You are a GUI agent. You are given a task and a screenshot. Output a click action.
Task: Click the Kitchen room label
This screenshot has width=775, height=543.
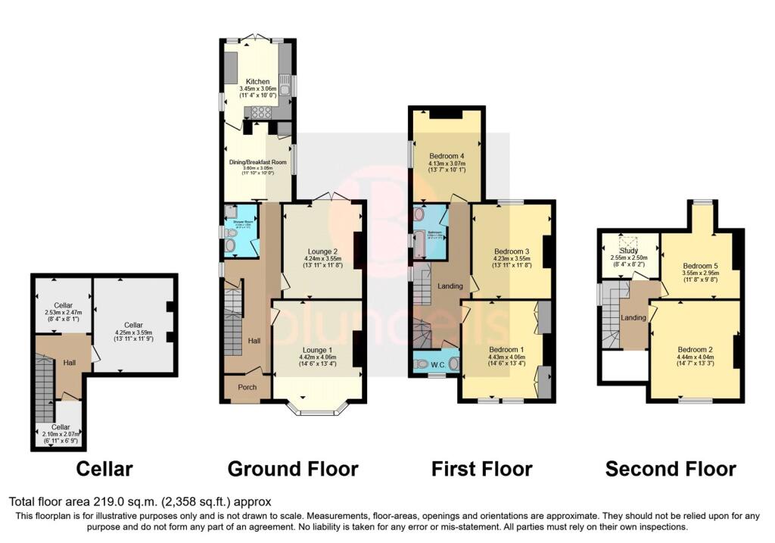click(257, 81)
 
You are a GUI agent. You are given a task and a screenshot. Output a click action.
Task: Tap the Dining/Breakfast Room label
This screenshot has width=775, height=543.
click(258, 162)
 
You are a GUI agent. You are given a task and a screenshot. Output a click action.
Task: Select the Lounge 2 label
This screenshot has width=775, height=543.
click(312, 250)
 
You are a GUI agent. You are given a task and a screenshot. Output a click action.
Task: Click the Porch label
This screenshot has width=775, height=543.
click(247, 388)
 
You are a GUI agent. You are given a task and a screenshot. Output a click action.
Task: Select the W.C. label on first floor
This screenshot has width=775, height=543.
click(437, 364)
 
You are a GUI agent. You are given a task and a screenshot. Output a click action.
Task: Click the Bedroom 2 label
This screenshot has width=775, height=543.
click(694, 348)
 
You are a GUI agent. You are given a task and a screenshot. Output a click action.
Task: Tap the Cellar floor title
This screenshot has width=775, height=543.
click(104, 469)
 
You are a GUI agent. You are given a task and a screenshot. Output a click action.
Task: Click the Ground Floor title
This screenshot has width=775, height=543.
click(293, 469)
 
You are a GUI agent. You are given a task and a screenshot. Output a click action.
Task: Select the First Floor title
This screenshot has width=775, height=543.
click(482, 469)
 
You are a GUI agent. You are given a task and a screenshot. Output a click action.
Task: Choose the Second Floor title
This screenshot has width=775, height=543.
click(671, 469)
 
